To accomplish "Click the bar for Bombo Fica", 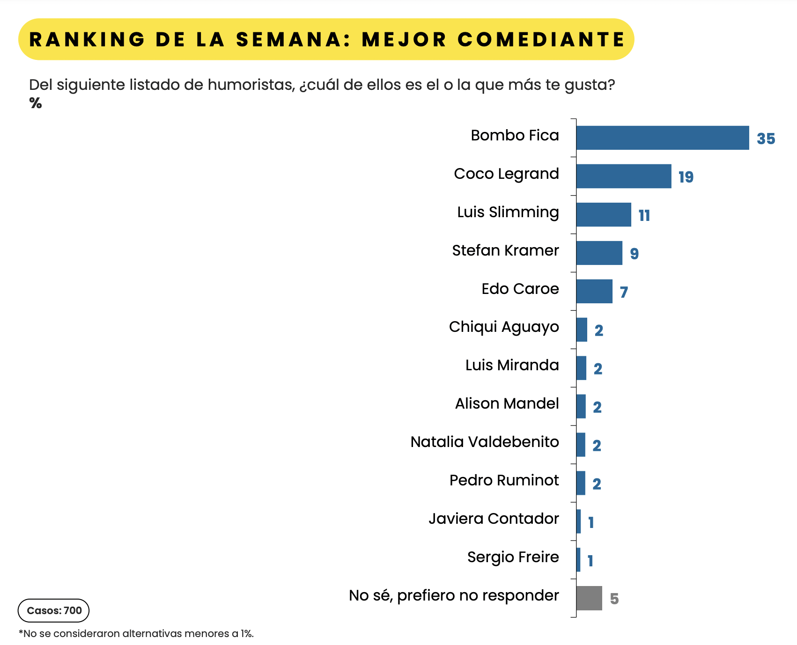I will click(662, 138).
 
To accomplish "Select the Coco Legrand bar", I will click(623, 176).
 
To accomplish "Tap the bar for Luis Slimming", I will click(604, 215).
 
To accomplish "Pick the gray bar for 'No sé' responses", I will click(589, 598).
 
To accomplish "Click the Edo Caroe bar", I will click(594, 292).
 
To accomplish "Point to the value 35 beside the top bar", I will click(766, 139).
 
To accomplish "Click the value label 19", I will click(686, 177).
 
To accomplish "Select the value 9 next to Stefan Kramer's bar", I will click(635, 254).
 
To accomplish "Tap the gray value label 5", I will click(614, 599).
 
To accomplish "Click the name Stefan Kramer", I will click(505, 250).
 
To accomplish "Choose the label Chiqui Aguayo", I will click(504, 327).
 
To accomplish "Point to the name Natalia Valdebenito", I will click(485, 442).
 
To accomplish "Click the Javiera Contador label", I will click(494, 519).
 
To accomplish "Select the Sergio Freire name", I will click(513, 557).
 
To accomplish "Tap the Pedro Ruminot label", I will click(504, 480).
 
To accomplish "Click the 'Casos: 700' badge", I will click(54, 610).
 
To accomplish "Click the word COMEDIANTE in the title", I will click(541, 39).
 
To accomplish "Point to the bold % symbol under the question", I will click(36, 103).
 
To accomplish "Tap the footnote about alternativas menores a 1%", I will click(136, 634).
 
